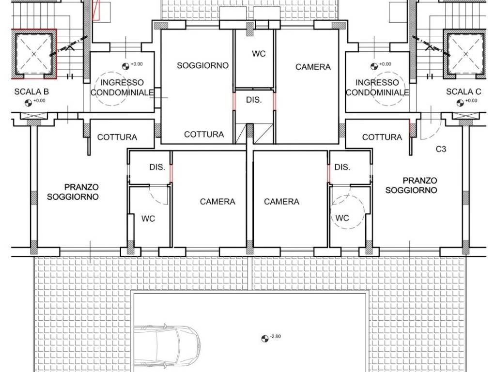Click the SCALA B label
31,92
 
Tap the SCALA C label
464,92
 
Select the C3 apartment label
441,149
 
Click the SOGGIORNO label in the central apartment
202,65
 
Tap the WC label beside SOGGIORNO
259,54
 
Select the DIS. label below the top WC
254,100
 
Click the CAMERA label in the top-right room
313,67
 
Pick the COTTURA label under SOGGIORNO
204,135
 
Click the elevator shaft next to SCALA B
34,54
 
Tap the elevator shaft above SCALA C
465,54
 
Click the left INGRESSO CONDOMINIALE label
122,88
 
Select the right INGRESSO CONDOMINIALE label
377,88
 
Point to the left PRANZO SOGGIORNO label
73,192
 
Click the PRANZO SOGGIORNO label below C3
411,186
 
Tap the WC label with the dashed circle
342,218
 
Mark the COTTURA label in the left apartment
117,137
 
